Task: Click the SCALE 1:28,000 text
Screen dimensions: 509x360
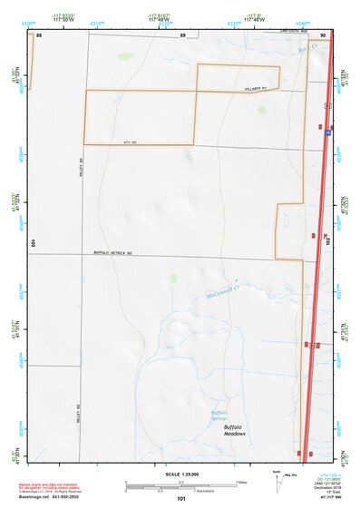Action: [x=180, y=474]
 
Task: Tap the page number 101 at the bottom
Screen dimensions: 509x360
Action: [x=180, y=500]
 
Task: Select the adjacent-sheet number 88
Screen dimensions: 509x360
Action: [x=39, y=34]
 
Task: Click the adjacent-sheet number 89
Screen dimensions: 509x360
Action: [x=181, y=34]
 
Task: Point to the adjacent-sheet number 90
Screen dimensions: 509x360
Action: [x=322, y=34]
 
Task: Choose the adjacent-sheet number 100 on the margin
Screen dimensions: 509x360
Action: [x=33, y=243]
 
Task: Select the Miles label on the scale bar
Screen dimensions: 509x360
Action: [x=241, y=482]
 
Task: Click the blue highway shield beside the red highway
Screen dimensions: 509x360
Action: [x=328, y=131]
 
